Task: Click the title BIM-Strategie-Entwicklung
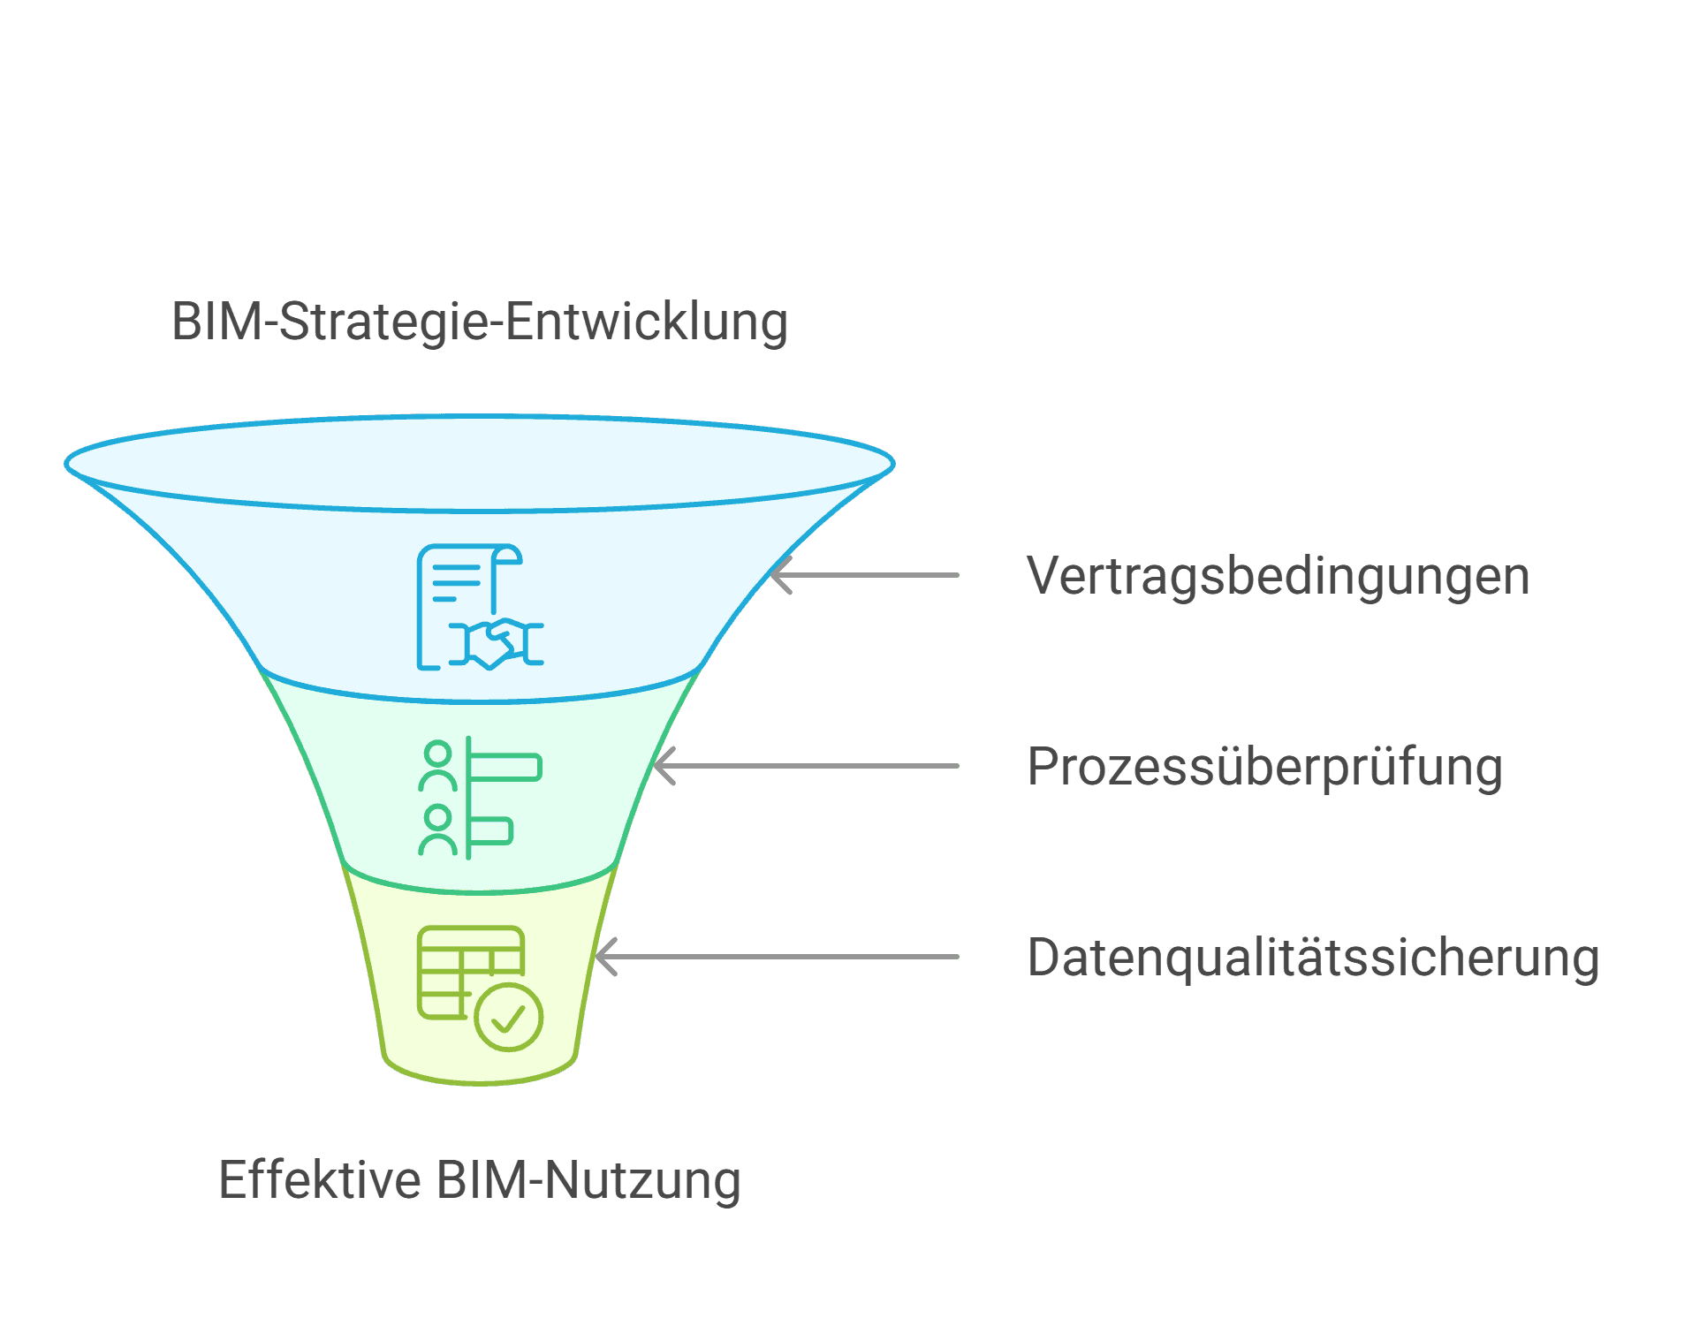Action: point(479,322)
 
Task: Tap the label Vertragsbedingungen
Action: point(1278,577)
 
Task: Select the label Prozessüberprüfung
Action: point(1264,767)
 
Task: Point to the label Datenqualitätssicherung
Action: point(1313,958)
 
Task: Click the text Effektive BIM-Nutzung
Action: point(479,1180)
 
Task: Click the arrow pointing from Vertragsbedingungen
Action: point(866,575)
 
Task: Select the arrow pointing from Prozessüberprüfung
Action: point(807,766)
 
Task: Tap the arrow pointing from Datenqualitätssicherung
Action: point(778,957)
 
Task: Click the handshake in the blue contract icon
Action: point(496,642)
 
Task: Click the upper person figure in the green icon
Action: point(437,765)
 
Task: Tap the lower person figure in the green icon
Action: point(437,829)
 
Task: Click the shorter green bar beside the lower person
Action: point(491,831)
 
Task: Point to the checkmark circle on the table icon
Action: point(508,1018)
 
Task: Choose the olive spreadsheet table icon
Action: point(470,972)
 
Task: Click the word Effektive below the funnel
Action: point(319,1180)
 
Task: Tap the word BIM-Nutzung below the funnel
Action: point(588,1180)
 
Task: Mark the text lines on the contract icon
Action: point(456,581)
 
